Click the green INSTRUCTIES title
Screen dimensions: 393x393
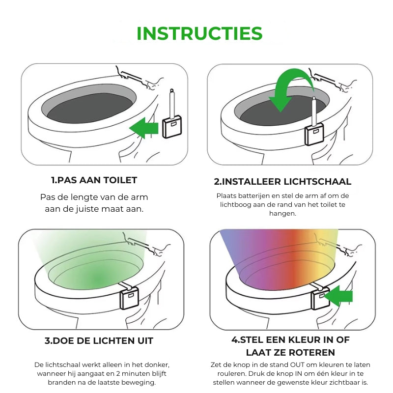(199, 33)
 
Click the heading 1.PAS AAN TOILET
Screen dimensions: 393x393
(94, 180)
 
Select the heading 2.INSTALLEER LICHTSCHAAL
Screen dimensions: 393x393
(282, 181)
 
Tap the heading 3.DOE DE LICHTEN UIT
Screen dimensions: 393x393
(99, 341)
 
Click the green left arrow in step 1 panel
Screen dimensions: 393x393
(144, 128)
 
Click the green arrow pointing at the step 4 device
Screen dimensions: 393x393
(338, 296)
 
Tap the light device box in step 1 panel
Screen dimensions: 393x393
(172, 127)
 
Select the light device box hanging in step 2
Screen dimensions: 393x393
(314, 134)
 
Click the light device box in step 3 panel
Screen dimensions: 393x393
(129, 298)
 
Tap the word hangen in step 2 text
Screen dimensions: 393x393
(282, 214)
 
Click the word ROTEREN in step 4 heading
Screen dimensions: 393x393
(310, 353)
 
